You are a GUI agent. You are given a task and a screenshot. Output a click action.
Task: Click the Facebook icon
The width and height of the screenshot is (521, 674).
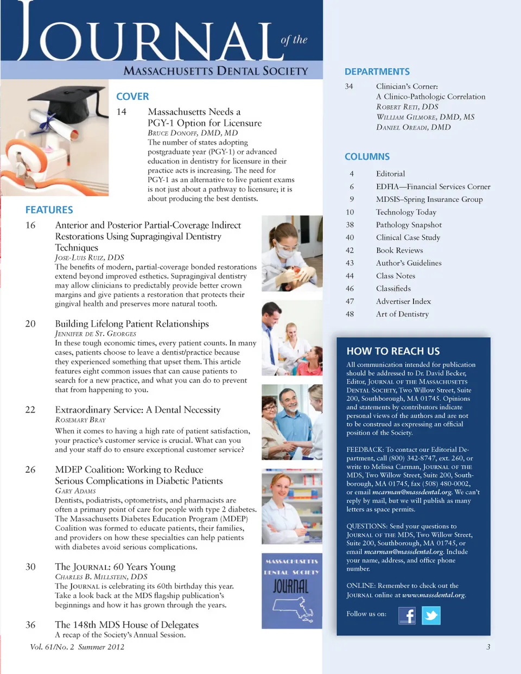[407, 615]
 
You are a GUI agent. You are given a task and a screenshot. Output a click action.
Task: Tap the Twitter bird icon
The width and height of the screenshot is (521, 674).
[431, 615]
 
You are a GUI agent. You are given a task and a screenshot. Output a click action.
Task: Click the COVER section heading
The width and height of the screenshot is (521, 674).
[132, 97]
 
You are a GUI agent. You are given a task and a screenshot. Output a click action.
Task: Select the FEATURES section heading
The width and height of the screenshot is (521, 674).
[49, 210]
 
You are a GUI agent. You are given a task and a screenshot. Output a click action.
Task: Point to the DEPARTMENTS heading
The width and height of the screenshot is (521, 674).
[377, 72]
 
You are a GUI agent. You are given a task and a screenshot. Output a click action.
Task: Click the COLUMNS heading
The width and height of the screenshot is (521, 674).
[367, 157]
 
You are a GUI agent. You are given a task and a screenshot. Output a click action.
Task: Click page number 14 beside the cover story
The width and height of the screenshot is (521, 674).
[122, 112]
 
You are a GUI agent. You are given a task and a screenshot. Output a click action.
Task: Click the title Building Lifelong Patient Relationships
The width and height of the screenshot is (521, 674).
[132, 324]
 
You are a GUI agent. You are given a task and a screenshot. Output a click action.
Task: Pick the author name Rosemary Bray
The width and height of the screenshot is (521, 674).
[80, 420]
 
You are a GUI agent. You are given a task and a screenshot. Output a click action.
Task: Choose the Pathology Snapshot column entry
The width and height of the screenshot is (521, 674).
[409, 225]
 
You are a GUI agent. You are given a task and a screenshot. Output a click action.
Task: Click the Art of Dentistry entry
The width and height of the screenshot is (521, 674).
[402, 314]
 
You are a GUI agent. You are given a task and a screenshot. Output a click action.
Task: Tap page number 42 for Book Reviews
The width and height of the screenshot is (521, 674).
[350, 250]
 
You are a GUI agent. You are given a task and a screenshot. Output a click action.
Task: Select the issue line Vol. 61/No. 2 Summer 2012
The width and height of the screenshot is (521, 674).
[77, 647]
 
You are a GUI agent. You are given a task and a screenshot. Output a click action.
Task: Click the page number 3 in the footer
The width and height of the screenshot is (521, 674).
[488, 647]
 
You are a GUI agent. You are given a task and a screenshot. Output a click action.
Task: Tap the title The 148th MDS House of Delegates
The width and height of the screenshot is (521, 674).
[126, 625]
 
